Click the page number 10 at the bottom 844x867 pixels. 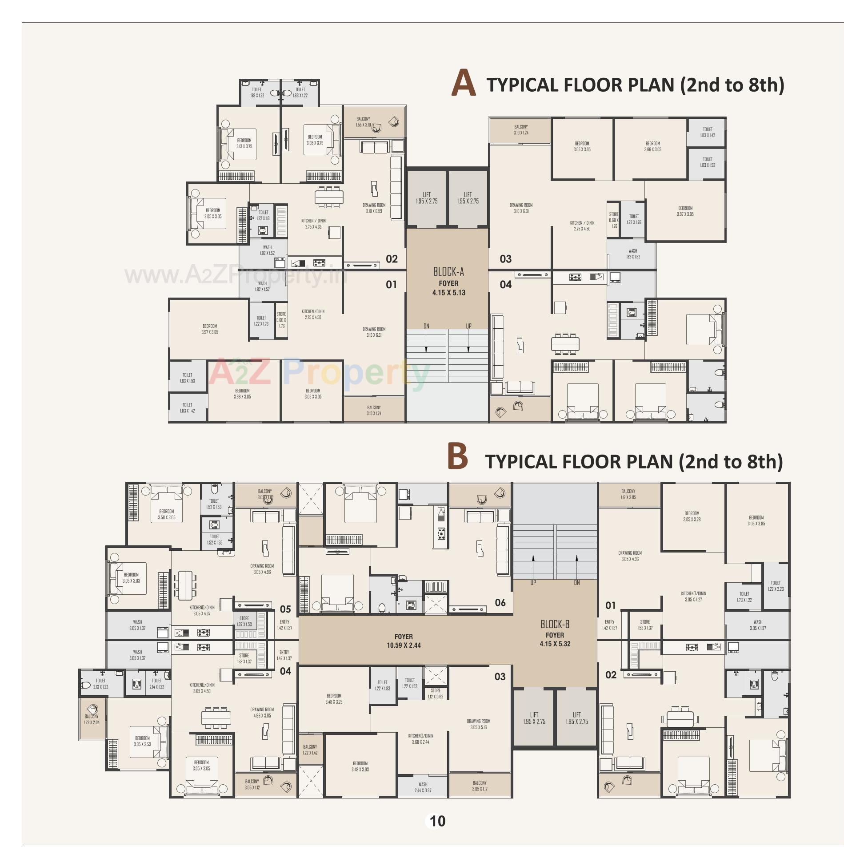pyautogui.click(x=437, y=821)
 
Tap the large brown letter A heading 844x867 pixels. pyautogui.click(x=463, y=83)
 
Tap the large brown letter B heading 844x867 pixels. pyautogui.click(x=458, y=456)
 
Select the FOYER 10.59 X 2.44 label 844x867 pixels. pyautogui.click(x=404, y=641)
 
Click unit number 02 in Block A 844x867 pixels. pyautogui.click(x=392, y=259)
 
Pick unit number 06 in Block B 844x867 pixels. pyautogui.click(x=500, y=602)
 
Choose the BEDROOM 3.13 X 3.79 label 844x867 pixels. pyautogui.click(x=244, y=143)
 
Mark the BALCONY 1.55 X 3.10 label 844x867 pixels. pyautogui.click(x=363, y=122)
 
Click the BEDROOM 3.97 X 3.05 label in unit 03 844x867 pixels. pyautogui.click(x=685, y=211)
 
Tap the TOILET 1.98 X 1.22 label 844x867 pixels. pyautogui.click(x=256, y=93)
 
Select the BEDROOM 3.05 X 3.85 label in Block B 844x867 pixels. pyautogui.click(x=756, y=520)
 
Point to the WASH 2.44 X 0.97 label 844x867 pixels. pyautogui.click(x=423, y=787)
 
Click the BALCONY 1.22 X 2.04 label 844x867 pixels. pyautogui.click(x=92, y=719)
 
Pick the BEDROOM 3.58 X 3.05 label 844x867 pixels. pyautogui.click(x=167, y=514)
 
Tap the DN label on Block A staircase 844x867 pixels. pyautogui.click(x=426, y=326)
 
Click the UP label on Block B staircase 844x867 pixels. pyautogui.click(x=533, y=582)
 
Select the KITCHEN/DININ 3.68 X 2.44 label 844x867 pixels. pyautogui.click(x=420, y=739)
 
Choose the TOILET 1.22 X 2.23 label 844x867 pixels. pyautogui.click(x=776, y=586)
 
